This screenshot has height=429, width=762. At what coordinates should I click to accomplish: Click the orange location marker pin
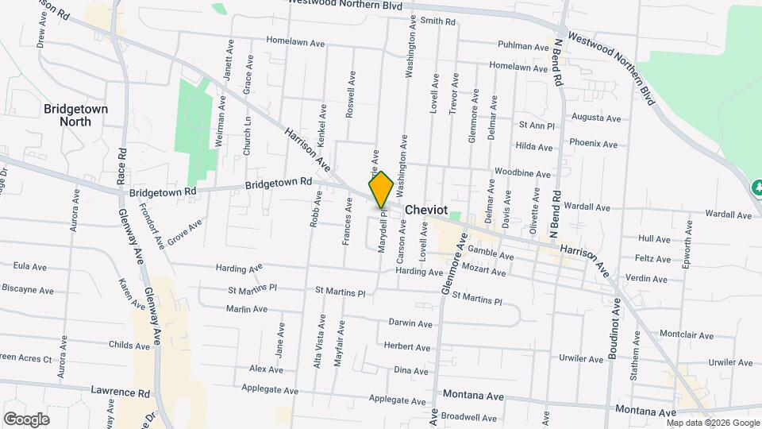click(381, 190)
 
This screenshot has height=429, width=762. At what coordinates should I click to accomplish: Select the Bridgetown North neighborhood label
click(75, 115)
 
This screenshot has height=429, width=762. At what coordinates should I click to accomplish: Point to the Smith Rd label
click(438, 21)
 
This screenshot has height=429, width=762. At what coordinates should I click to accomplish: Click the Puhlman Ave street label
click(523, 47)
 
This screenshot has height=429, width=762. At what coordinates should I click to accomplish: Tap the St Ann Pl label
click(536, 126)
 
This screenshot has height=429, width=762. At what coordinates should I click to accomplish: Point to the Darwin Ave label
click(410, 323)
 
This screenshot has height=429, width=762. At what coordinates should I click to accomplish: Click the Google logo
click(26, 419)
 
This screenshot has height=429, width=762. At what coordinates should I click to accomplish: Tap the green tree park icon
click(756, 187)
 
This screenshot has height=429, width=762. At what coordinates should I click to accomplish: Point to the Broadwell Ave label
click(468, 416)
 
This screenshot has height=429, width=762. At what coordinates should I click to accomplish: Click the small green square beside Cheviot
click(454, 215)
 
